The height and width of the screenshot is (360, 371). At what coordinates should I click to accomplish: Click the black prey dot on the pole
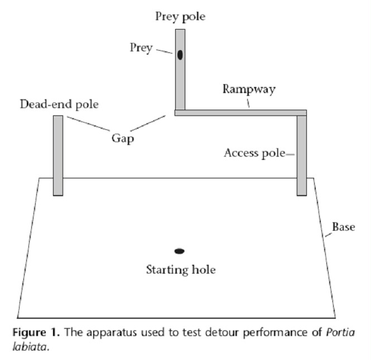[x=180, y=55]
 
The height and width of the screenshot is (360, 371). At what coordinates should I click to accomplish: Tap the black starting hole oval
[x=180, y=251]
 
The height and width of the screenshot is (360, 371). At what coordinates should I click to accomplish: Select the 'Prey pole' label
[x=180, y=16]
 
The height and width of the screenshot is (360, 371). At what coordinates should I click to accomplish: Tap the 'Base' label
[x=344, y=227]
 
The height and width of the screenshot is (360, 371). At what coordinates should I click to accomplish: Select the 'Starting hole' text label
[x=180, y=270]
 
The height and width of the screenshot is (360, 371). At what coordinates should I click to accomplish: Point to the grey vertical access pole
[x=301, y=156]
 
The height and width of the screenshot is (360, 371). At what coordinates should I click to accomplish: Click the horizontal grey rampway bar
[x=240, y=113]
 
